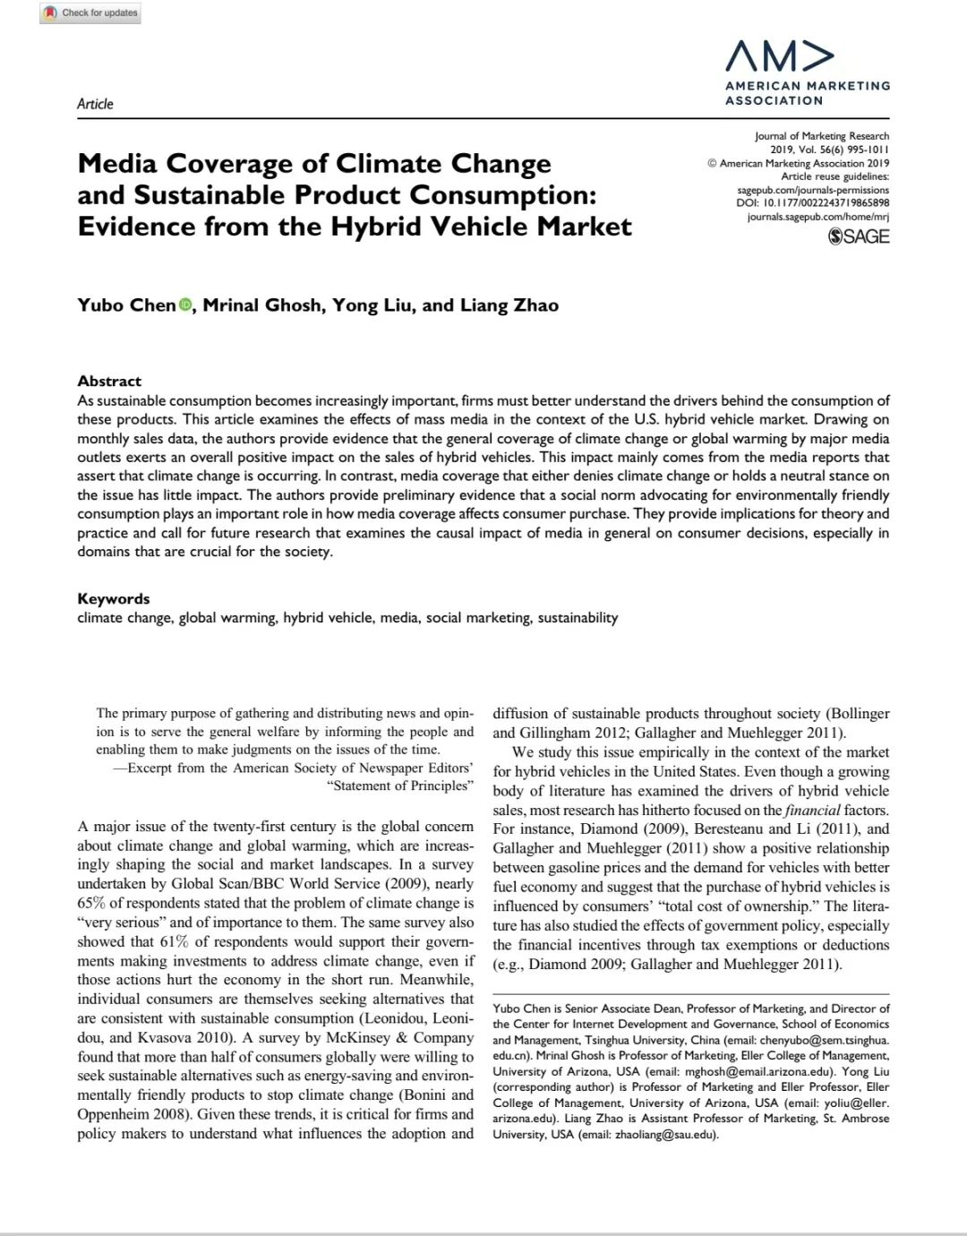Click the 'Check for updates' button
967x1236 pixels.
(x=90, y=13)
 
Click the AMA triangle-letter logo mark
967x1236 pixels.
(x=779, y=56)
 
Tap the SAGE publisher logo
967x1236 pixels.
(x=860, y=236)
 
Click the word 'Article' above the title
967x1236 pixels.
(x=95, y=104)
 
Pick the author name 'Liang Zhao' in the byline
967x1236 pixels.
(x=509, y=305)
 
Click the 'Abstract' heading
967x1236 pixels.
(x=109, y=381)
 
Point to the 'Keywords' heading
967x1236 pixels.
(x=114, y=598)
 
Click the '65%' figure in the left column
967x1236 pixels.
(x=91, y=903)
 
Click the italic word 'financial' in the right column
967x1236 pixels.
(x=814, y=810)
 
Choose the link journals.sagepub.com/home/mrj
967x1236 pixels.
(x=817, y=216)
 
